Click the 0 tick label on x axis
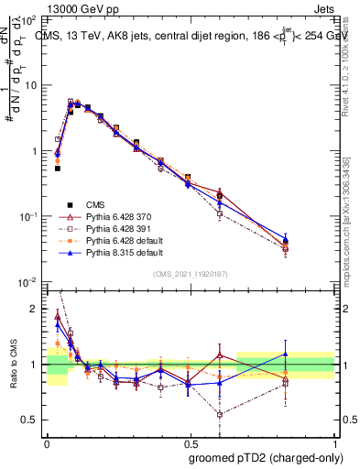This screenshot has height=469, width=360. [47, 441]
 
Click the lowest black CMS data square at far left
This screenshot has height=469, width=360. [57, 169]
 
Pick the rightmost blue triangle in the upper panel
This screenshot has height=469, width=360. [311, 240]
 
